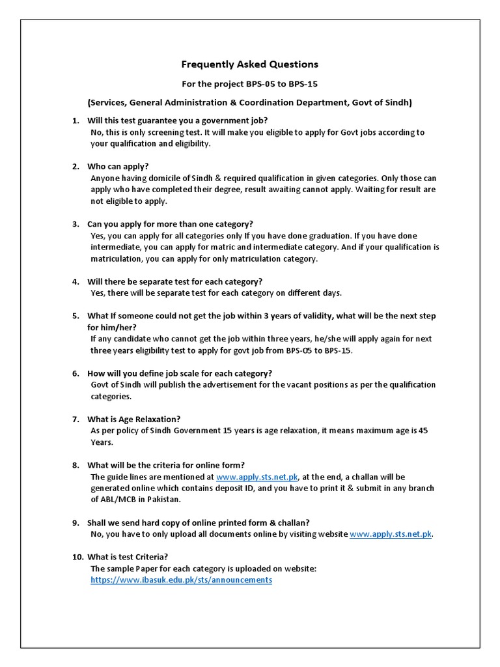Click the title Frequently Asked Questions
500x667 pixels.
pos(249,64)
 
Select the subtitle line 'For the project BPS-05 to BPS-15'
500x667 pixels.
pos(249,84)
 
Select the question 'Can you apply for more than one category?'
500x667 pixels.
pos(170,223)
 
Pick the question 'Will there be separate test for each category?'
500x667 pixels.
pos(174,281)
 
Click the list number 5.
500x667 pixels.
pos(75,316)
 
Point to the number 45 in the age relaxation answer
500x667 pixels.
pos(423,431)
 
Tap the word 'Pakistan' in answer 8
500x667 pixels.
pos(165,500)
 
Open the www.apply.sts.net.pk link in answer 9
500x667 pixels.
pos(391,534)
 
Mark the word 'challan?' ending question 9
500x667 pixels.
pos(292,522)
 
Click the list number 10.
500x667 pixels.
pos(77,557)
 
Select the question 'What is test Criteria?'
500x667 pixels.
pos(128,557)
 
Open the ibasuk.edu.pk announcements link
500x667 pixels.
pos(180,580)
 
